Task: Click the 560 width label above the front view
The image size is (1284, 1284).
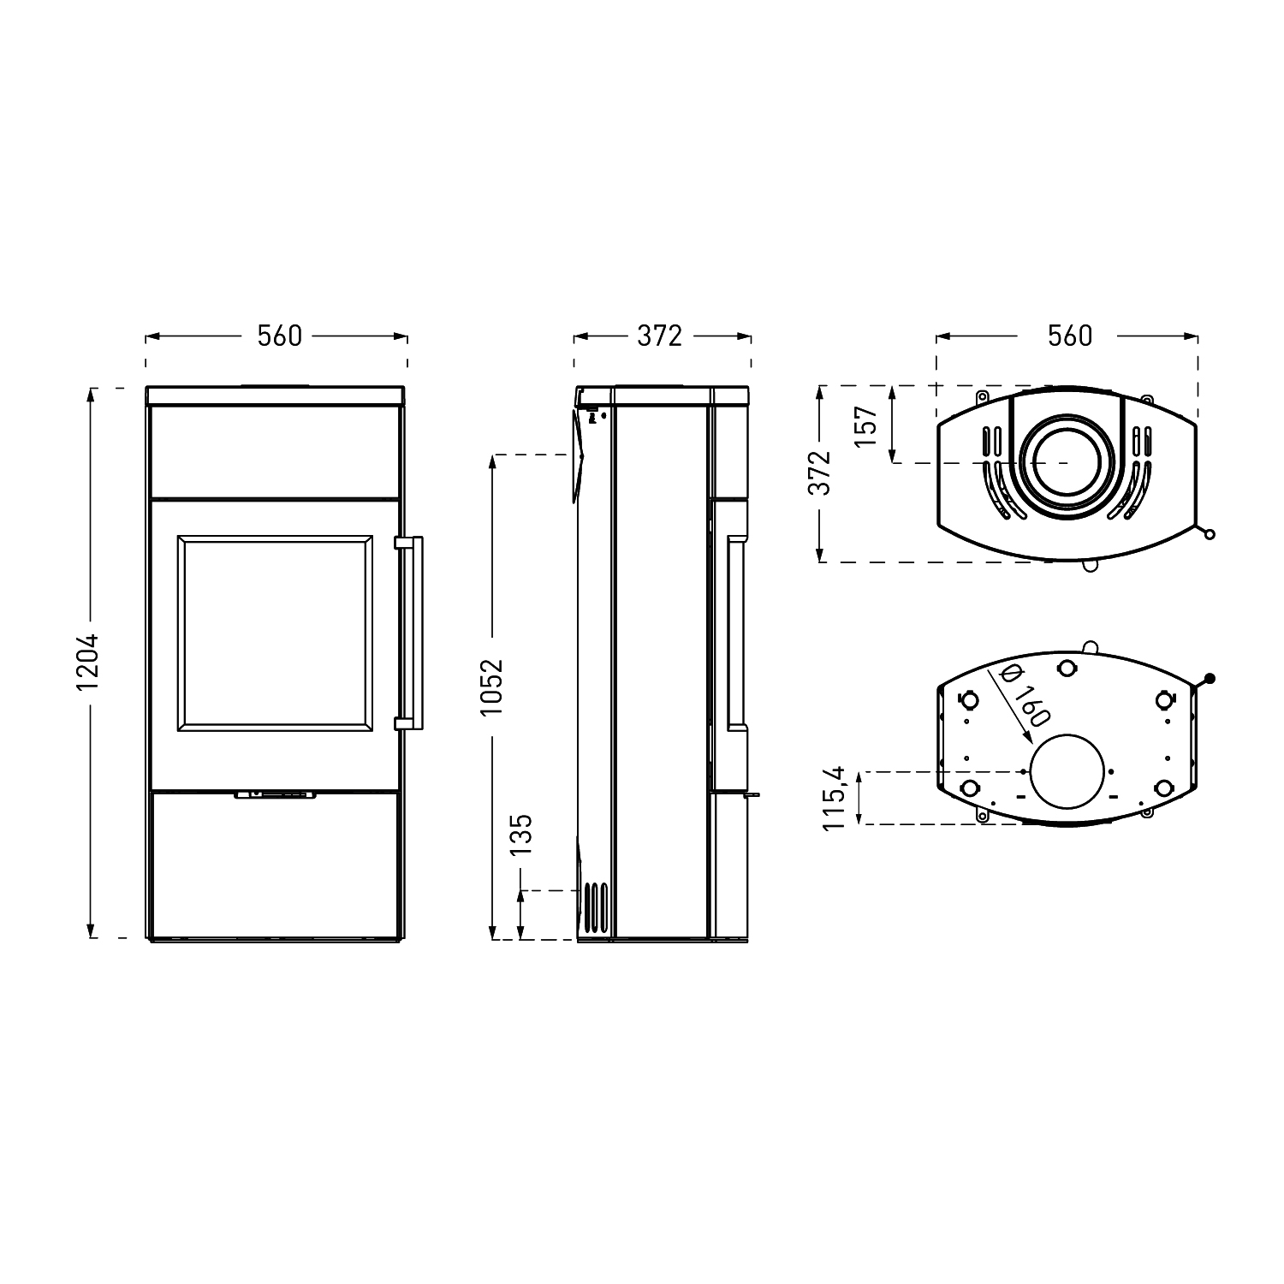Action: (280, 336)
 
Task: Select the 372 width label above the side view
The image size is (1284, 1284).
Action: (660, 336)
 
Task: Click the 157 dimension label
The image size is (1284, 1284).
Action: (867, 425)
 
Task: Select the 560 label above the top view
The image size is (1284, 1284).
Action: (1070, 336)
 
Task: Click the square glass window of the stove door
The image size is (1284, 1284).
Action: (275, 633)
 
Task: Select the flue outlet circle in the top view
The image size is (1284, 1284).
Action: (1068, 463)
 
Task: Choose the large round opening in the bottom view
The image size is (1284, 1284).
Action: (1068, 771)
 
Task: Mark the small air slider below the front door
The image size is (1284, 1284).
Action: (275, 794)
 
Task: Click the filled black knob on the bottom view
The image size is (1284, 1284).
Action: (1210, 680)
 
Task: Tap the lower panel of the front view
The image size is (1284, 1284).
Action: (275, 865)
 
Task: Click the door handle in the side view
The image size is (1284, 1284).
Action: (736, 633)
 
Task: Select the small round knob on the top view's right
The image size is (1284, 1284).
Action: (1209, 535)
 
